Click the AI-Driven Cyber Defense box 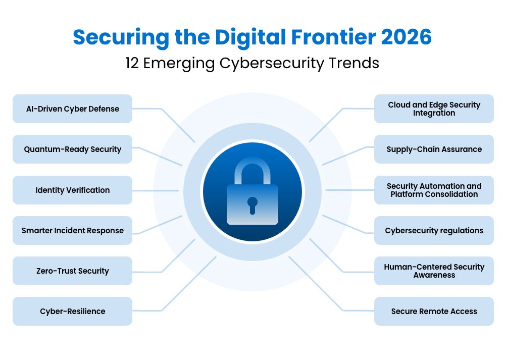[x=72, y=109]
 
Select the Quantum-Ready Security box [x=72, y=149]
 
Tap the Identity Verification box [x=72, y=190]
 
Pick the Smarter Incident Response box [x=72, y=231]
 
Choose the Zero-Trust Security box [x=72, y=271]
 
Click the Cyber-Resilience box [x=72, y=312]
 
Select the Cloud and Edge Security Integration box [x=434, y=109]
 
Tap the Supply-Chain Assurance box [x=434, y=149]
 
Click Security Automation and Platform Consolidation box [x=434, y=190]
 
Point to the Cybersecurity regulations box [x=434, y=231]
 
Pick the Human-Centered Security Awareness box [x=434, y=271]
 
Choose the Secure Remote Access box [x=434, y=312]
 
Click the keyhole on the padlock [x=252, y=204]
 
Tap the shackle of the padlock [x=252, y=167]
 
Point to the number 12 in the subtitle [x=134, y=64]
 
